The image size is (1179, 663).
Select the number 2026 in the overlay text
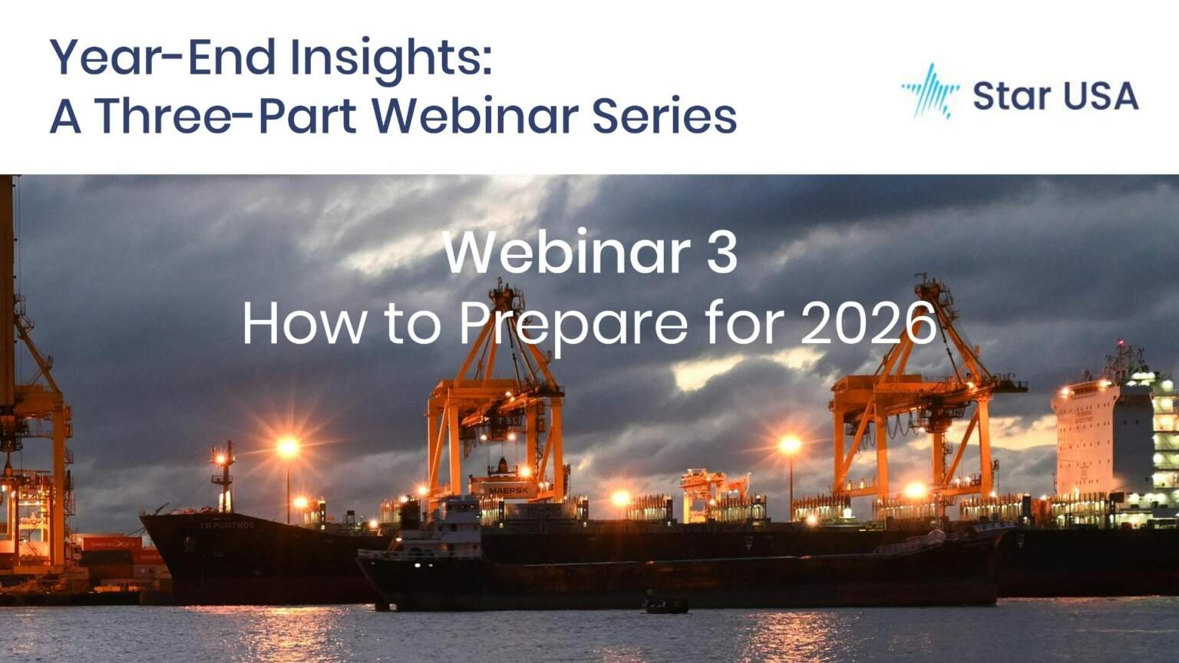pyautogui.click(x=868, y=324)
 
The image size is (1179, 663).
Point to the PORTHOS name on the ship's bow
pyautogui.click(x=227, y=525)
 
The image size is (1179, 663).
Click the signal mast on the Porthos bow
pyautogui.click(x=223, y=477)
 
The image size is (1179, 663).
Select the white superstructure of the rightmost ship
pyautogui.click(x=1111, y=437)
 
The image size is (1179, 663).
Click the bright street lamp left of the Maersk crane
pyautogui.click(x=289, y=448)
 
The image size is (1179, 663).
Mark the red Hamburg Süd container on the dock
pyautogui.click(x=111, y=543)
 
